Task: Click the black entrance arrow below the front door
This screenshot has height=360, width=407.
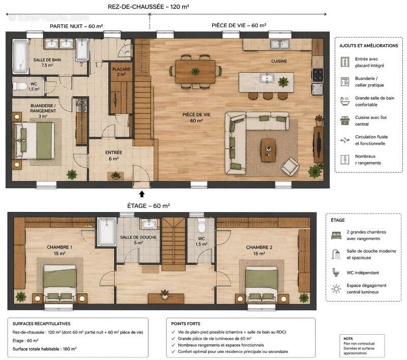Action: tap(142, 194)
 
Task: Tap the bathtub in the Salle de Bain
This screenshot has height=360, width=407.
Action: tap(20, 56)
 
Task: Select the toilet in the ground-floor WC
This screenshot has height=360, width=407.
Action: tap(20, 86)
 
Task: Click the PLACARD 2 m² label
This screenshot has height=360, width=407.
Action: tap(121, 72)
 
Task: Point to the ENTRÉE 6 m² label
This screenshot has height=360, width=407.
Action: tap(113, 156)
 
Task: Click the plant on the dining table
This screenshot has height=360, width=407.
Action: tap(195, 71)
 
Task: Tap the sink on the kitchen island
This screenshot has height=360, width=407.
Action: tap(267, 78)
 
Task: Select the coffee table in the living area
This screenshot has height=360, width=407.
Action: tap(269, 151)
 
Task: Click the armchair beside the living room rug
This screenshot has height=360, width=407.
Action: tap(290, 166)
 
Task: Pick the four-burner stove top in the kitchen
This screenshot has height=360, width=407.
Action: tap(317, 75)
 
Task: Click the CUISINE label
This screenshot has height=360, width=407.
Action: tap(279, 61)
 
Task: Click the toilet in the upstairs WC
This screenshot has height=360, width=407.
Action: tap(201, 225)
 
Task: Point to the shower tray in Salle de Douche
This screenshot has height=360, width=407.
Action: tap(106, 231)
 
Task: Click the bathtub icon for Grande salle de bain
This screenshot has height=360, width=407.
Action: tap(345, 101)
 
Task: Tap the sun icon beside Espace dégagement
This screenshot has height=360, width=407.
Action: tap(336, 289)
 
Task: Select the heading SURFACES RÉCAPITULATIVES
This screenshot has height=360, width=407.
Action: tap(42, 324)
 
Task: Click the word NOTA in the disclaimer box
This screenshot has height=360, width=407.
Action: tap(348, 339)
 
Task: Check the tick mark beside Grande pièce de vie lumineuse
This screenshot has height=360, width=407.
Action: tap(173, 339)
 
